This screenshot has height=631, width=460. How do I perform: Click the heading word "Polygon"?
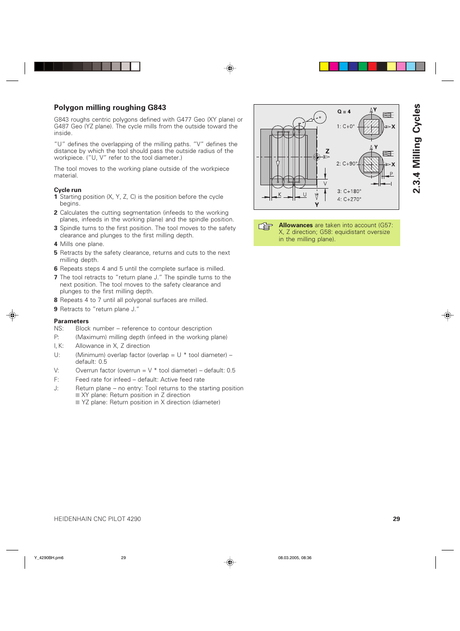(x=68, y=108)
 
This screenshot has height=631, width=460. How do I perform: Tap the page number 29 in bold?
(x=396, y=519)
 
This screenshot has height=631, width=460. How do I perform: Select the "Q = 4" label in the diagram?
(x=344, y=111)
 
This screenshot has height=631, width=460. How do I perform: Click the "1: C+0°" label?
(x=346, y=126)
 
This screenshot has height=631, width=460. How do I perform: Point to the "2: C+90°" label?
(x=347, y=164)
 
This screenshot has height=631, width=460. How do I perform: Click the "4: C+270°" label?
(x=349, y=199)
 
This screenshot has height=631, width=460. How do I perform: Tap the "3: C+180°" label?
(x=349, y=192)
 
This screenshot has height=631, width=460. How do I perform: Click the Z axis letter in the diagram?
(x=327, y=151)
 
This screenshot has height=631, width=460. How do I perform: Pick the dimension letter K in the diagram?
(x=280, y=195)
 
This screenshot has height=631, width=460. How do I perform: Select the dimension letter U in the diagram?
(x=305, y=195)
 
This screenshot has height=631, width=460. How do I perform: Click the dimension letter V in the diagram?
(x=325, y=184)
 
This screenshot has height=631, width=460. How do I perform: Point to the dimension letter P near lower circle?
(x=391, y=174)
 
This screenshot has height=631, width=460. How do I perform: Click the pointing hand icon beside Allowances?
(x=266, y=226)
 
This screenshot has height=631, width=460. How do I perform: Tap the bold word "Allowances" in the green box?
(x=296, y=225)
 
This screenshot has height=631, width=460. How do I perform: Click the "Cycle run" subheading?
(x=68, y=190)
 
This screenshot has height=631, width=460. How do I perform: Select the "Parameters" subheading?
(x=71, y=321)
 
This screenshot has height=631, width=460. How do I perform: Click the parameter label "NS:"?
(x=59, y=329)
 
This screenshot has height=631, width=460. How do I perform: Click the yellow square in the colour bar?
(x=324, y=67)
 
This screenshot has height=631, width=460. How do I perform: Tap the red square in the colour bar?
(x=372, y=67)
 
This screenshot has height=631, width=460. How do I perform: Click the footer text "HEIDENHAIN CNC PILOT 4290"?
(x=97, y=519)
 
